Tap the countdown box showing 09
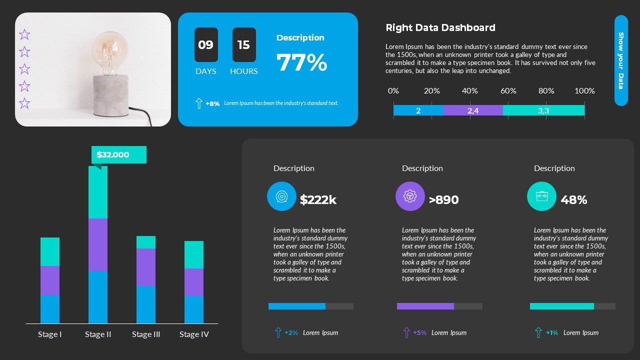[206, 45]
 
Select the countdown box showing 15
[244, 45]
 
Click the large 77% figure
[302, 63]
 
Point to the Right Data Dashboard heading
[440, 28]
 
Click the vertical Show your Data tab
[621, 60]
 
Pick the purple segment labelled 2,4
[473, 110]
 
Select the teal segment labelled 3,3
[543, 110]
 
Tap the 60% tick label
[508, 91]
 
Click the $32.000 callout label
[119, 155]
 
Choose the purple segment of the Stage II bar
[98, 244]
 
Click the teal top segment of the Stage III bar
[146, 242]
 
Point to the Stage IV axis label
[194, 334]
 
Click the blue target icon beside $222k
[282, 196]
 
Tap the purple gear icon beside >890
[410, 196]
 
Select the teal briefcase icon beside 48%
[541, 196]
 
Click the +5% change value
[420, 333]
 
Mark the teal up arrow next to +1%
[538, 332]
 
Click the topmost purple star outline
[24, 34]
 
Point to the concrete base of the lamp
[110, 95]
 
